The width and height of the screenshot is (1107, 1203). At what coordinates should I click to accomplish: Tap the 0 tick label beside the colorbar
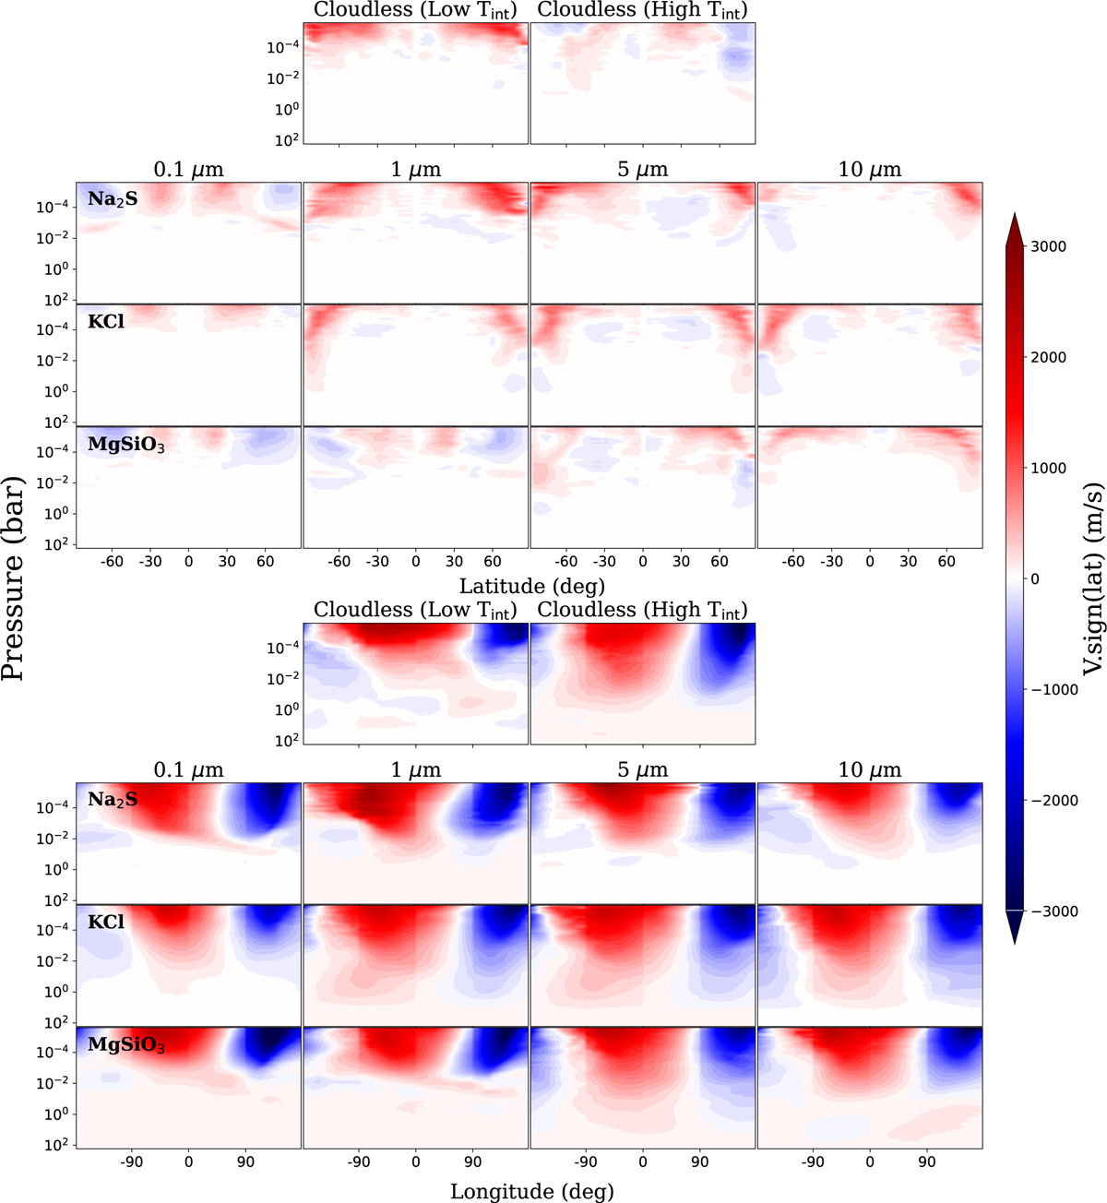[x=1033, y=578]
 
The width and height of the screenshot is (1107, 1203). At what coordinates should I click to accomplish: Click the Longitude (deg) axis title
[x=531, y=1191]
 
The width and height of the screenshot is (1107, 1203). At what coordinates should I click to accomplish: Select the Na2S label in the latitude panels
[x=113, y=197]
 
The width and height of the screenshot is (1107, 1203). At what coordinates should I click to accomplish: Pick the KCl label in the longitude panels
[x=105, y=921]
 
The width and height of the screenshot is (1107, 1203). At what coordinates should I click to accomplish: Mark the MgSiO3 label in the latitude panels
[x=125, y=445]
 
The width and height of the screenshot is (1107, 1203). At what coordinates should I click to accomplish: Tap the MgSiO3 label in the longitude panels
[x=125, y=1044]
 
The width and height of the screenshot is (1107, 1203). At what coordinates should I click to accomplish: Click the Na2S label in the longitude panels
[x=113, y=799]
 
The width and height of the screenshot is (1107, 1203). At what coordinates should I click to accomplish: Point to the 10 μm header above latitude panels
[x=870, y=170]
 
